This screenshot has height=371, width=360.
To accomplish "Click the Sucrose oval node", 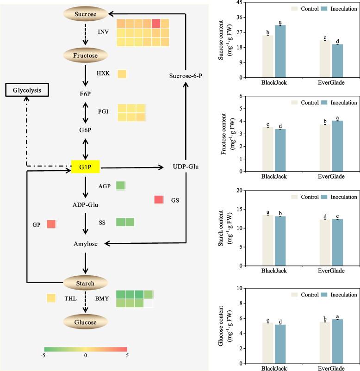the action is click(86, 14).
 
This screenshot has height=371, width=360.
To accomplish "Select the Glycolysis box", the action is click(27, 90).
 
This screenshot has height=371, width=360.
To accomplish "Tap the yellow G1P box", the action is click(86, 167).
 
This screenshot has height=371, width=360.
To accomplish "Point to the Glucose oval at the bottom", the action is click(86, 322).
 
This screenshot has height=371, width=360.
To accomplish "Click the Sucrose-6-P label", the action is click(186, 76).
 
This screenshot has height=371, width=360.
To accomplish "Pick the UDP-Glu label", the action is click(186, 167).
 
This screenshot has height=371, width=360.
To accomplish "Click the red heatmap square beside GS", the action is click(159, 200).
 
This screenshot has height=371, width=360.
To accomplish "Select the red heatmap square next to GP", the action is click(51, 224).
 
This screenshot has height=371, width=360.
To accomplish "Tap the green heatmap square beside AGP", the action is click(120, 185).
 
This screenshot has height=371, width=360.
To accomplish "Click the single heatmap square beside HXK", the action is click(122, 74).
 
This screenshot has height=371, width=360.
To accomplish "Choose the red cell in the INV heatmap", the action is click(156, 24).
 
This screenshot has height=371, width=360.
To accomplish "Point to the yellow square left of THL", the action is click(51, 298).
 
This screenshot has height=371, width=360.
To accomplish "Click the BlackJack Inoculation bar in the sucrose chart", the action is click(280, 51).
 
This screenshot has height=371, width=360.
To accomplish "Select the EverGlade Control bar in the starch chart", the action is click(325, 243).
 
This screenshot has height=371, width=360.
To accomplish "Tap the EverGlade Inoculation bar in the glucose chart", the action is click(337, 341).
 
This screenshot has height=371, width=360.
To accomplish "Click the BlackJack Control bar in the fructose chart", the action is click(268, 149).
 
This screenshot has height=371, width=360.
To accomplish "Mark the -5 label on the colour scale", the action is click(43, 355).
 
